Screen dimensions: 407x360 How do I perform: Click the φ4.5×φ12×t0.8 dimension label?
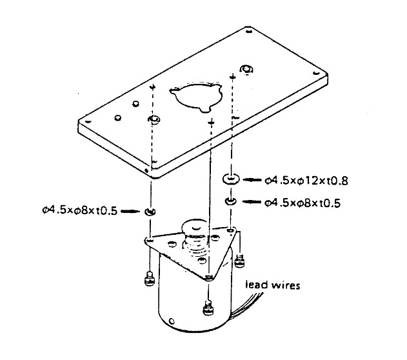[x=306, y=180]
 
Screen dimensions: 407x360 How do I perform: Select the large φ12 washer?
[x=231, y=179]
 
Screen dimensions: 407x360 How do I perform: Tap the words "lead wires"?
[x=273, y=285]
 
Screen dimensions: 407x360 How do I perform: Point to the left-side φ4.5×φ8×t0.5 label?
[x=79, y=210]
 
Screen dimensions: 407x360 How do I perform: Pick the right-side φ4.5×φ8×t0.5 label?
[x=303, y=203]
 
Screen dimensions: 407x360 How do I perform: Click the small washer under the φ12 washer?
[x=230, y=201]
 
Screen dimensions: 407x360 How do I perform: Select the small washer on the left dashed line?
[x=150, y=211]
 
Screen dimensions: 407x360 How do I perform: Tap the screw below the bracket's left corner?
[x=149, y=278]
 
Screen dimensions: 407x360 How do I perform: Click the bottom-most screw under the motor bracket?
[x=208, y=307]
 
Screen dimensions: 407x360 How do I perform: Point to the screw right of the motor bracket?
[x=239, y=261]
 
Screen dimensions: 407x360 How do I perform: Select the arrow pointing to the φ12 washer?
[x=253, y=179]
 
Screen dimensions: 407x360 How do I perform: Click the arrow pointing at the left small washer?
[x=130, y=211]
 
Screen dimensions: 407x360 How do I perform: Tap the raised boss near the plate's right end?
[x=246, y=69]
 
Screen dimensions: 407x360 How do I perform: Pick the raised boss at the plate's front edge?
[x=154, y=119]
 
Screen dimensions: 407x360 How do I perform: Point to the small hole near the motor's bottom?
[x=172, y=321]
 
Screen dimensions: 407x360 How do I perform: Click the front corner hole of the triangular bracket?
[x=208, y=277]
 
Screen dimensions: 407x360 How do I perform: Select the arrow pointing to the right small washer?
[x=252, y=202]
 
